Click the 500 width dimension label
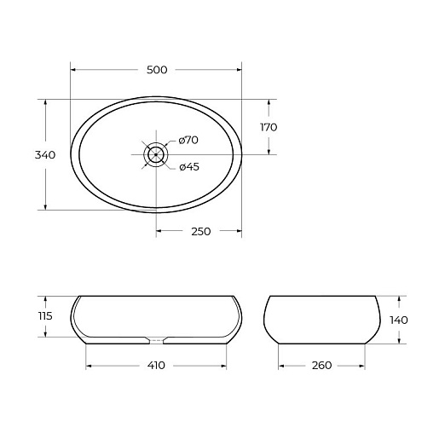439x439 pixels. tap(157, 70)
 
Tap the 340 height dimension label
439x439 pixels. tap(45, 155)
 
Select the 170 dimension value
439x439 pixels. tap(269, 127)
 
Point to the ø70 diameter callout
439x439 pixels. tap(188, 140)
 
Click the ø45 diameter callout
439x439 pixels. tap(189, 167)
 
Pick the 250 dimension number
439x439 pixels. tap(201, 231)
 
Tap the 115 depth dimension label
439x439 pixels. tap(45, 315)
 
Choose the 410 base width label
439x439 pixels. tap(156, 365)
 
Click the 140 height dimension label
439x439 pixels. tap(399, 321)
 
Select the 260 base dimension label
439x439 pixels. tap(321, 365)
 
